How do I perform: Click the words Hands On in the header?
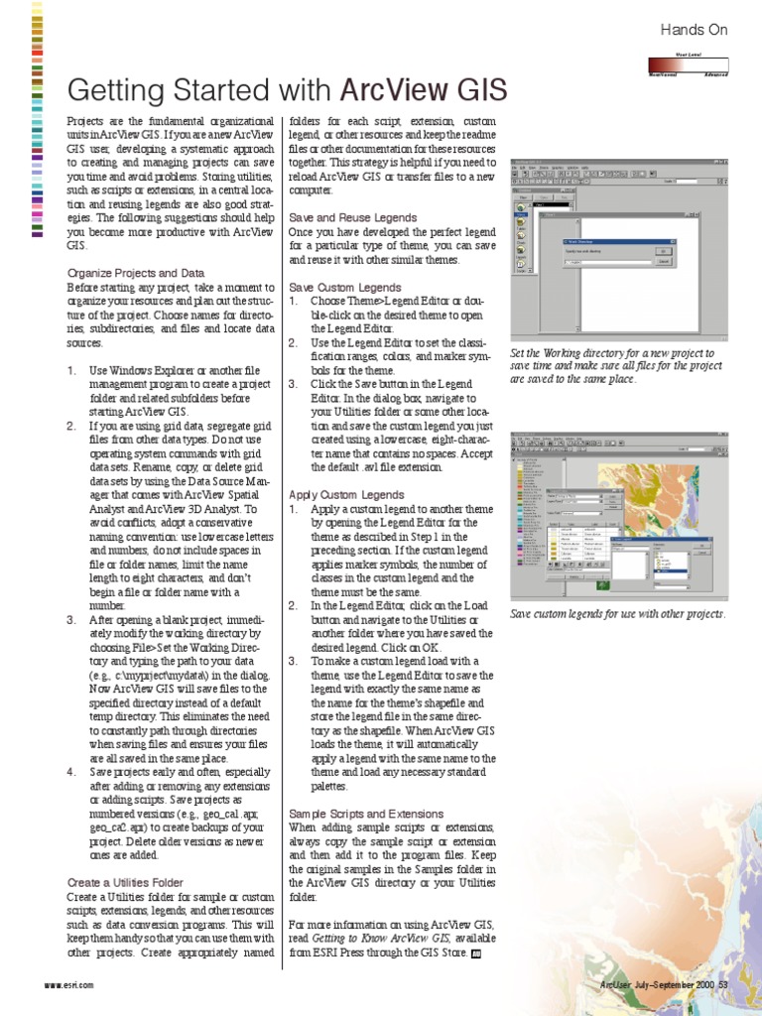coord(695,31)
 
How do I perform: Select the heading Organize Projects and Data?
coord(136,272)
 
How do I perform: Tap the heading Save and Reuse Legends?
coord(352,216)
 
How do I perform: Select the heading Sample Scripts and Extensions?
coord(366,812)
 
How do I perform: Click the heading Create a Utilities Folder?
coord(125,881)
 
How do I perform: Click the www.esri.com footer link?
coord(69,984)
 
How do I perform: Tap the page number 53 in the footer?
coord(723,984)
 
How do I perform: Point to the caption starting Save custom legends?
coord(617,614)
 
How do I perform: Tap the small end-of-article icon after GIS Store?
coord(476,952)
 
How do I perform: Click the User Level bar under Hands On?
coord(689,65)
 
